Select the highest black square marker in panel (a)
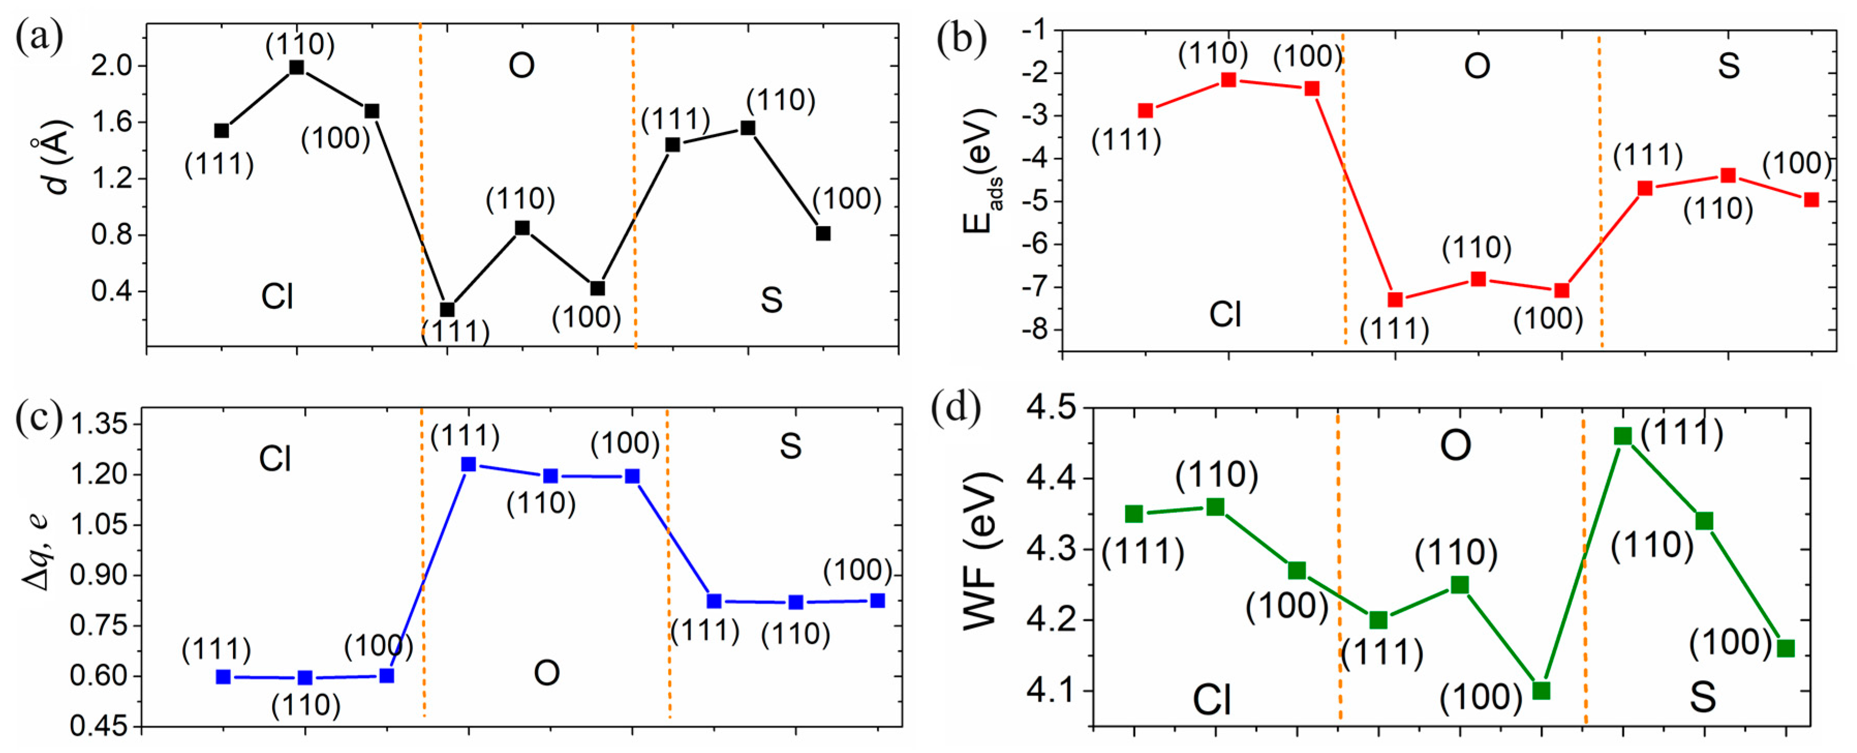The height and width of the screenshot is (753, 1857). (x=296, y=68)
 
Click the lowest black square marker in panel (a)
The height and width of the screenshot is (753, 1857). (x=447, y=309)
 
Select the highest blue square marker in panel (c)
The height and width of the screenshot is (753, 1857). (x=469, y=464)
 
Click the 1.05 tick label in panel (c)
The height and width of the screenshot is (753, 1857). (x=99, y=525)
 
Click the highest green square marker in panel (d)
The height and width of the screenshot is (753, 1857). (x=1623, y=435)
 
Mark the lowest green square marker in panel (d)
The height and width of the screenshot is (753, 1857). (x=1541, y=691)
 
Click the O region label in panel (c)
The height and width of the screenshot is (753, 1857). (x=547, y=673)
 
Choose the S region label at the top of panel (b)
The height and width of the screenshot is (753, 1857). (x=1729, y=66)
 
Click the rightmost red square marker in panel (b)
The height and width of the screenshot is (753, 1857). (x=1812, y=200)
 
